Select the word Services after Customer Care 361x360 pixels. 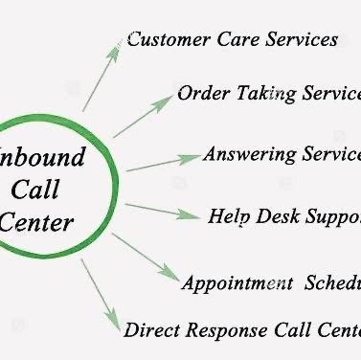click(x=298, y=40)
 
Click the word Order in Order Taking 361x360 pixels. click(x=203, y=95)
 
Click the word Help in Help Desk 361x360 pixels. click(x=228, y=215)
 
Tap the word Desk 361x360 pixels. click(x=278, y=215)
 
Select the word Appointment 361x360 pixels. click(x=238, y=283)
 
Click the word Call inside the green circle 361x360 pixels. click(x=44, y=190)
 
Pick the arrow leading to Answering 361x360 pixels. click(x=163, y=162)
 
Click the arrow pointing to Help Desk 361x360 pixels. click(x=162, y=211)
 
